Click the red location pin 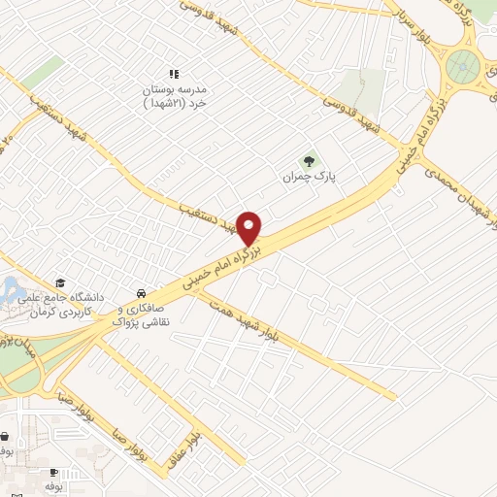pos(250,227)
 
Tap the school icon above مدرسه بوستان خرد pos(175,74)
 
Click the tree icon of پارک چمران pos(309,161)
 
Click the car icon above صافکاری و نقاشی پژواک pos(142,292)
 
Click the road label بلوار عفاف pos(200,427)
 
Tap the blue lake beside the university pos(14,289)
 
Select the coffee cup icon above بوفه pos(51,470)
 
